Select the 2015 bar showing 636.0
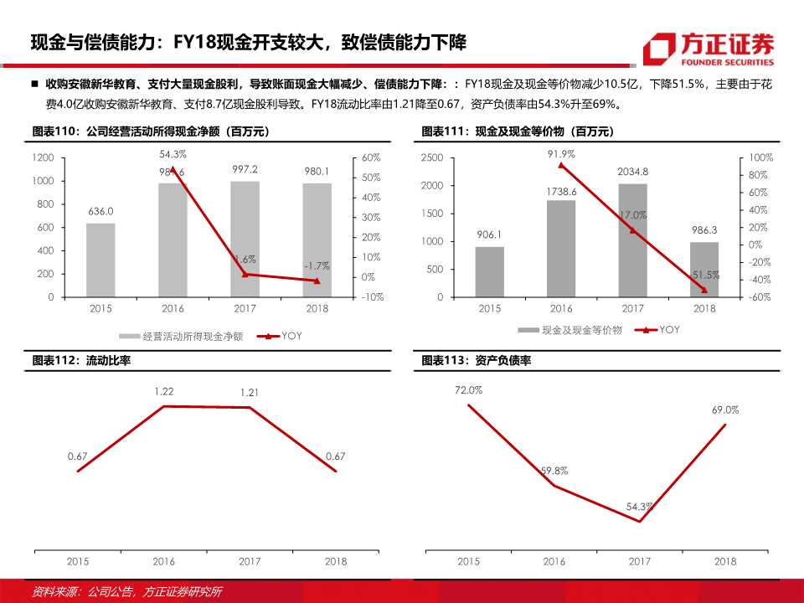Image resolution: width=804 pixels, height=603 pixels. tap(100, 260)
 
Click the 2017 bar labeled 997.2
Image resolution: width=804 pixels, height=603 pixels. tap(245, 239)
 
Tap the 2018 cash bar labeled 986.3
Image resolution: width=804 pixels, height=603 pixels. tap(704, 269)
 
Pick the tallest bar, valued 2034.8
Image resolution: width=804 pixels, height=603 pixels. tap(632, 240)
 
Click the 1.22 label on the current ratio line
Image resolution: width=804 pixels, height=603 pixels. tap(164, 391)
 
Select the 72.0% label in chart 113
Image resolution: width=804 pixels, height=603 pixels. tap(468, 390)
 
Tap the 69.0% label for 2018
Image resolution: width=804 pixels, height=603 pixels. tap(725, 410)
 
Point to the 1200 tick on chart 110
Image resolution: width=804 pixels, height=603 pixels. tap(44, 158)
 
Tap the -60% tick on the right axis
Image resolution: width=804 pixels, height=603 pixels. tap(759, 297)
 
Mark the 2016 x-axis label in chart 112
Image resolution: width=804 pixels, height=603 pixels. tap(164, 561)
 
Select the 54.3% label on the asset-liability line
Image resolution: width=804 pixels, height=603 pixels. tap(639, 507)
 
